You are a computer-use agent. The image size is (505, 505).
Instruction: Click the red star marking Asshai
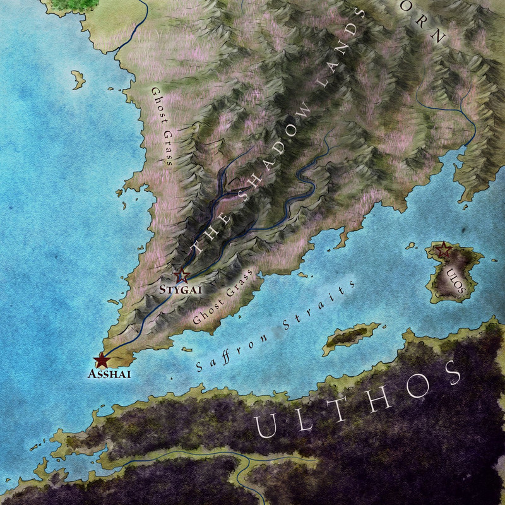point(101,360)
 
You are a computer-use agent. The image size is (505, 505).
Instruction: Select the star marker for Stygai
point(182,275)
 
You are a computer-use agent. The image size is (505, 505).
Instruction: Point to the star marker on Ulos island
point(444,251)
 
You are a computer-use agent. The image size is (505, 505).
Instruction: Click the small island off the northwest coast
point(78,80)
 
